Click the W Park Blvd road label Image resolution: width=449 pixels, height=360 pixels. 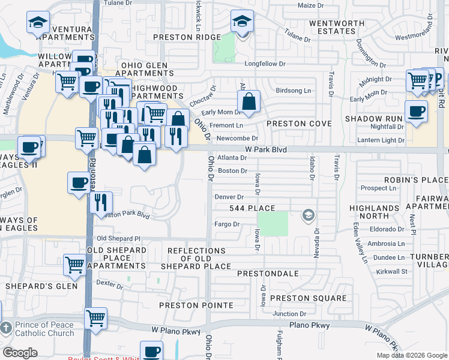pos(266,149)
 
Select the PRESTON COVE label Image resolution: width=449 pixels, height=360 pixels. pos(299,124)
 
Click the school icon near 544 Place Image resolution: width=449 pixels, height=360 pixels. pos(309,215)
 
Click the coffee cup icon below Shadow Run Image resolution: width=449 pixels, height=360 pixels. pos(415,112)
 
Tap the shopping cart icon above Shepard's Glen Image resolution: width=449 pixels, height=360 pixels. pos(74,265)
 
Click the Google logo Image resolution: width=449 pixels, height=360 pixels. pos(20,352)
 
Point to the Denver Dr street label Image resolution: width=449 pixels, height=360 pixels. pos(229,197)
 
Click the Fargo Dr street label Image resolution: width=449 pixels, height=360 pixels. pos(228,224)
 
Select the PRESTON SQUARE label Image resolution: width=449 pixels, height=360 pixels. pos(308,298)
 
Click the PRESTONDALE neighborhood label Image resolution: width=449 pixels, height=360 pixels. pos(268,274)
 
